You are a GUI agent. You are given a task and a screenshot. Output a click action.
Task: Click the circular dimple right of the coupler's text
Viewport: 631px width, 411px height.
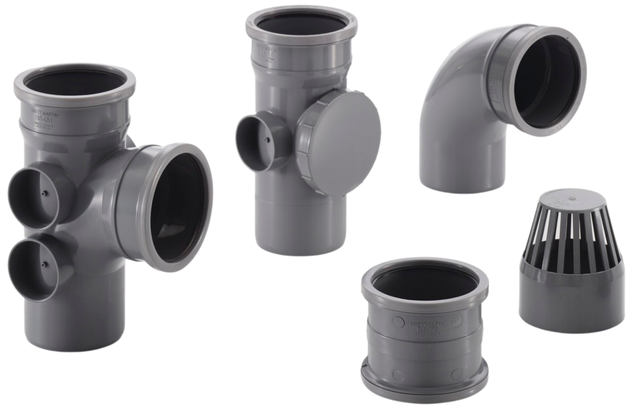click(456, 321)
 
